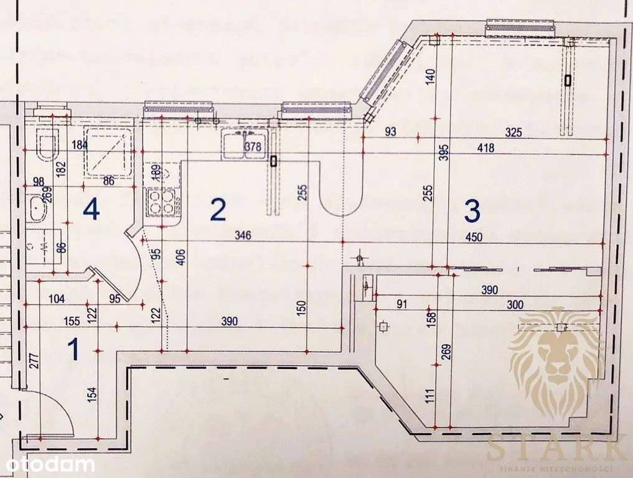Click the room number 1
73,349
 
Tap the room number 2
217,210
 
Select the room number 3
472,212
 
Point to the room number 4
91,210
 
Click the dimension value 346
243,235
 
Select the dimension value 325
513,132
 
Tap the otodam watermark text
47,464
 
